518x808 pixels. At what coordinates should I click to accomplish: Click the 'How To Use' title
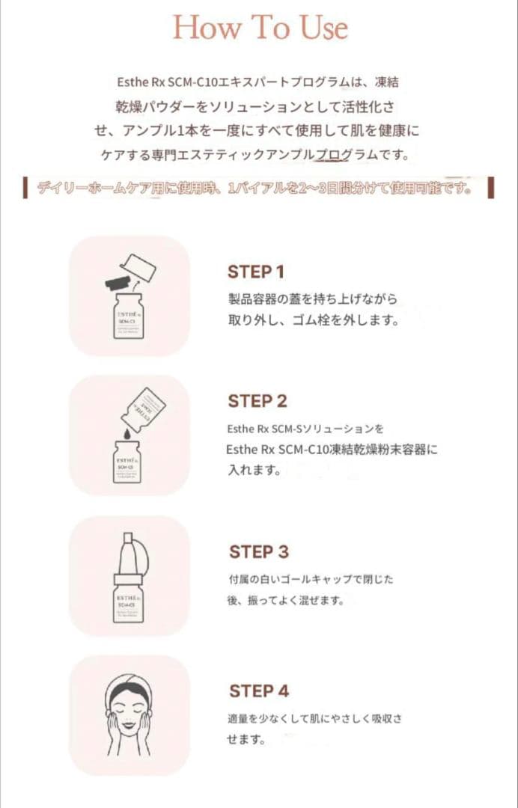[x=260, y=28]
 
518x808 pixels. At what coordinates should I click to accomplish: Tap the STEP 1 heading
[x=256, y=272]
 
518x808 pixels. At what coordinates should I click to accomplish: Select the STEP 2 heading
[x=258, y=401]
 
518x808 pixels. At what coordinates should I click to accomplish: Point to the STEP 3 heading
[x=258, y=552]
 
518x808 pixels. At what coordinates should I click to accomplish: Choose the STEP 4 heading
[x=259, y=691]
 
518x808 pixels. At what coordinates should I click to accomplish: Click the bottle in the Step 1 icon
[x=129, y=319]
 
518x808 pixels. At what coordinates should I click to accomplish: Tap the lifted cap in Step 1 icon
[x=138, y=268]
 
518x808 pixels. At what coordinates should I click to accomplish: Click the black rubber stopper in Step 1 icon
[x=118, y=283]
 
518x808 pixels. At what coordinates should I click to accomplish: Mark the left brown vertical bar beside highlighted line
[x=26, y=189]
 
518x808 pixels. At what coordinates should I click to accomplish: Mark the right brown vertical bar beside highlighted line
[x=491, y=188]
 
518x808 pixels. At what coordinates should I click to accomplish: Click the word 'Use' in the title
[x=324, y=28]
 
